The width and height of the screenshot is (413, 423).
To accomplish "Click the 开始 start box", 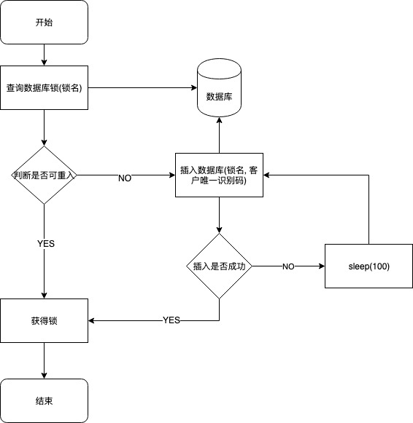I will coord(45,22).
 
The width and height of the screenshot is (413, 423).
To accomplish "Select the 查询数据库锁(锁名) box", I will coord(45,87).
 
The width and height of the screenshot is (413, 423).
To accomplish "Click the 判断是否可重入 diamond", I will coord(45,175).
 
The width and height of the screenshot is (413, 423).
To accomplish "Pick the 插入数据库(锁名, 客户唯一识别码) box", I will coord(219,175).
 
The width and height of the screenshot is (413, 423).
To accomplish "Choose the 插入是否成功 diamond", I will coord(219,266).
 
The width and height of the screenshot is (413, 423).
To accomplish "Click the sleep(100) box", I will coord(368,266).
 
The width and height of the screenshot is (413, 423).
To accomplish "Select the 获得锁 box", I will coord(45,320).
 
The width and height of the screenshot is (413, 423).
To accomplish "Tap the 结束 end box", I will coord(45,400).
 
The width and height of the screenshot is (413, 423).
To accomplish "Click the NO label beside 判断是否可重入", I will coord(125,178).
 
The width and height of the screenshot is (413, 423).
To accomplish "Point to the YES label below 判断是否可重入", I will coord(45,243).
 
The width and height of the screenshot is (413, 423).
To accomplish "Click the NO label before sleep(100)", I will coord(288,267).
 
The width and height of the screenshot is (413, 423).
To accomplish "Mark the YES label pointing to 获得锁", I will coord(171,320).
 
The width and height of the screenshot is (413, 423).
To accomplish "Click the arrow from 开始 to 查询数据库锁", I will coord(45,55).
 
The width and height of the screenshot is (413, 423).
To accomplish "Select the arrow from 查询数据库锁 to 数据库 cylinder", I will coord(142,87).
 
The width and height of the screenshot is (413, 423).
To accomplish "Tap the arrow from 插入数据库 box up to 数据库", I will coord(219,135).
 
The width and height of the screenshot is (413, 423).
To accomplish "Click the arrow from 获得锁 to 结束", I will coord(45,360).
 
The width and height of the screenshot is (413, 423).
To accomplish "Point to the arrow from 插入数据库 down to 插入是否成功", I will coord(219,215).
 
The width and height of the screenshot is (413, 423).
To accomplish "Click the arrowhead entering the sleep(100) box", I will coord(320,266).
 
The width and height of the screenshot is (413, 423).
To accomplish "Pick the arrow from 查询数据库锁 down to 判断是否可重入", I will coord(45,127).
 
